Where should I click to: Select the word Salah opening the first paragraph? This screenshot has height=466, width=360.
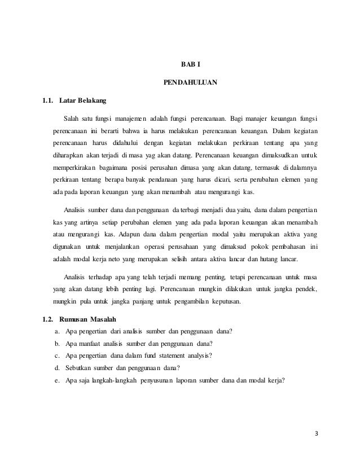(x=73, y=118)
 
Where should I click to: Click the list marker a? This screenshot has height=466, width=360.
(x=56, y=331)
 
